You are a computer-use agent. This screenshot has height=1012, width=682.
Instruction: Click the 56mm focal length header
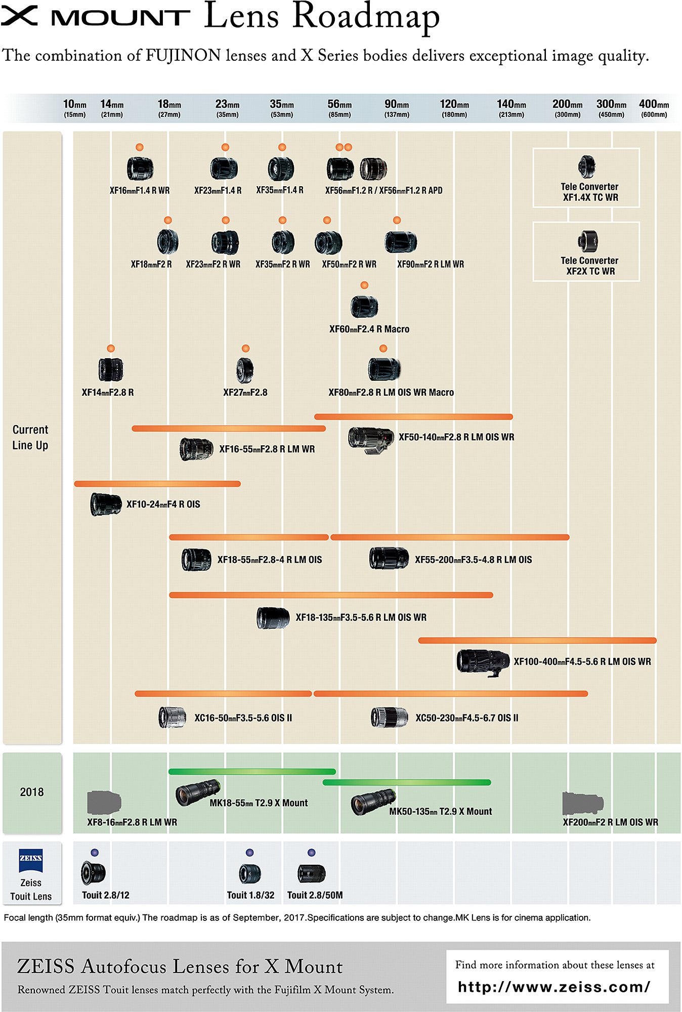point(339,108)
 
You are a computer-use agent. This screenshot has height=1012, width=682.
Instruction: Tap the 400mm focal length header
point(654,108)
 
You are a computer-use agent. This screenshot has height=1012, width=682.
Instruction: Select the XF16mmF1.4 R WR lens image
point(140,168)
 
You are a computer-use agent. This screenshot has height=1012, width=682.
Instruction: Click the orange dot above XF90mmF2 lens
point(397,220)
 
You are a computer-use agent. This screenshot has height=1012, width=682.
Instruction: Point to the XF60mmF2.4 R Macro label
point(369,329)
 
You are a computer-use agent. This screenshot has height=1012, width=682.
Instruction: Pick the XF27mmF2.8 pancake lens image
point(245,370)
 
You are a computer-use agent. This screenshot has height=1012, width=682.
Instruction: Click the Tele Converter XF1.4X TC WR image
point(587,166)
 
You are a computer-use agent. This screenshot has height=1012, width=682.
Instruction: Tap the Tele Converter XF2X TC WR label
point(590,266)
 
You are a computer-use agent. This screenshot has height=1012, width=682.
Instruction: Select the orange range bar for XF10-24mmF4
point(157,484)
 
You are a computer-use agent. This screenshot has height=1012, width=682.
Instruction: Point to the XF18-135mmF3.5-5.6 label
point(361,617)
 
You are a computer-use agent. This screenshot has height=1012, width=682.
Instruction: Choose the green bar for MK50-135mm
point(407,782)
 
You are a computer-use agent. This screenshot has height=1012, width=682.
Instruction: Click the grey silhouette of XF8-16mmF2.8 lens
point(104,802)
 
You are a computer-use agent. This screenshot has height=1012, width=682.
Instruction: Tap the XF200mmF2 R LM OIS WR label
point(611,822)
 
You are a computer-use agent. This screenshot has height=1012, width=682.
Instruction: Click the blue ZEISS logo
point(31,861)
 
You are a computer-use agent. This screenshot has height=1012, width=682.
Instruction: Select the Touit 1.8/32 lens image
point(250,874)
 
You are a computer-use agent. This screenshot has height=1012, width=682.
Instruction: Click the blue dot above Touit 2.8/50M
point(312,853)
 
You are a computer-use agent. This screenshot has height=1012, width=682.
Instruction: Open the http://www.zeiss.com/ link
point(554,987)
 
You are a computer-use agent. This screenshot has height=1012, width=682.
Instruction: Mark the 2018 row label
point(32,792)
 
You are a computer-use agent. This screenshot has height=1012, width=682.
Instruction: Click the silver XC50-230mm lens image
point(389,718)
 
